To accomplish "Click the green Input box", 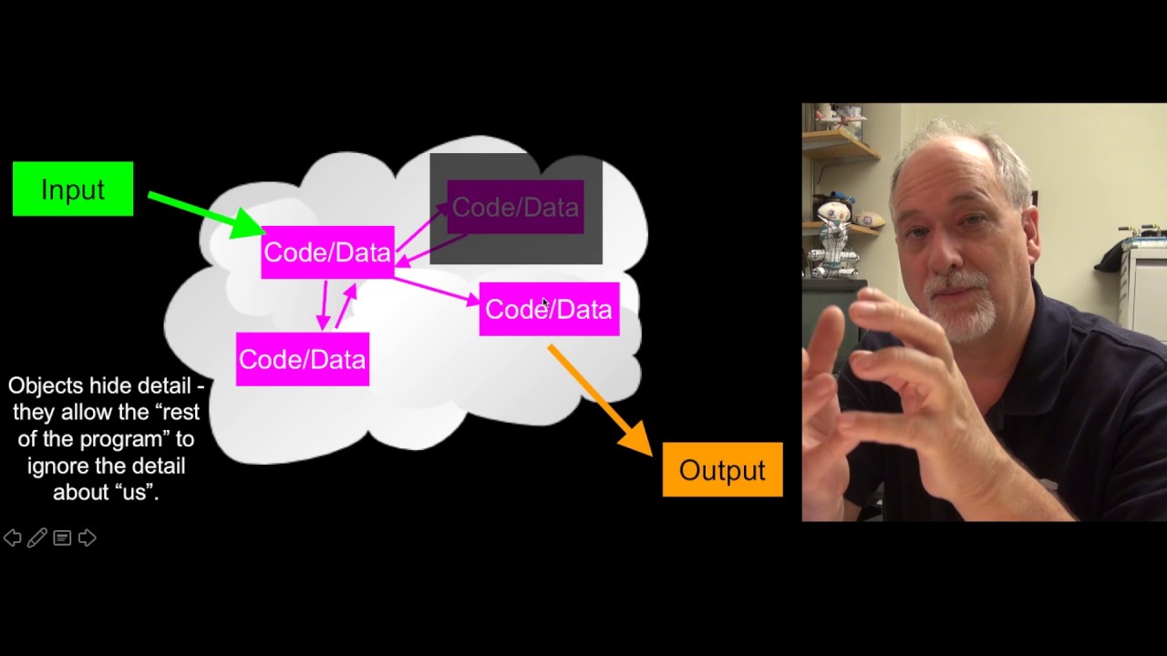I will coord(73,189).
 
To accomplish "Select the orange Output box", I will coord(722,469).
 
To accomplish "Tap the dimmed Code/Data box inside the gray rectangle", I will coord(515,207).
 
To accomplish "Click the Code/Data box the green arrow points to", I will coord(327,252).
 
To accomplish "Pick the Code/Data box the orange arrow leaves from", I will coord(549,309).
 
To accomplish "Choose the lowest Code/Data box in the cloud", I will coord(302,359).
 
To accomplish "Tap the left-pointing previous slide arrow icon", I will coord(13,538).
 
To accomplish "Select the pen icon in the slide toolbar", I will coord(37,538).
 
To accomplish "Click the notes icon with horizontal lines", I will coord(62,538).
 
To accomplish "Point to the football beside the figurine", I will coord(869,220).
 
